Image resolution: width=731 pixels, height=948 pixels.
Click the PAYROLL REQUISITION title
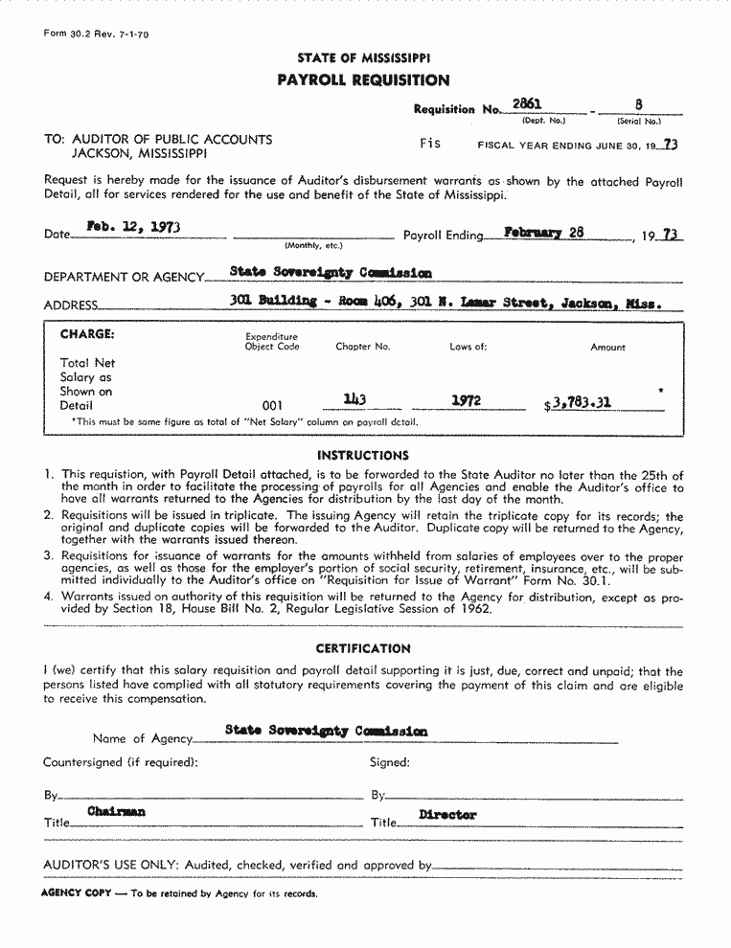pyautogui.click(x=363, y=80)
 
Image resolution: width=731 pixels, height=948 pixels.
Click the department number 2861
pyautogui.click(x=527, y=104)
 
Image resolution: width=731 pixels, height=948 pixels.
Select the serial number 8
pyautogui.click(x=638, y=104)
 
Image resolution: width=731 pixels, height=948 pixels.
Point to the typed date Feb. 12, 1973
pyautogui.click(x=133, y=228)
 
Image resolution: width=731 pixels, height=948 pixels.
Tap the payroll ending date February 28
pyautogui.click(x=544, y=232)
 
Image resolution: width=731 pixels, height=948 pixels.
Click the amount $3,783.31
pyautogui.click(x=578, y=403)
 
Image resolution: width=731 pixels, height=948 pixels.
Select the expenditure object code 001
pyautogui.click(x=272, y=406)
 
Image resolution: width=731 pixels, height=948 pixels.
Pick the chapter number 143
pyautogui.click(x=354, y=400)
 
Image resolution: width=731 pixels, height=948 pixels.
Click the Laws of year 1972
pyautogui.click(x=466, y=401)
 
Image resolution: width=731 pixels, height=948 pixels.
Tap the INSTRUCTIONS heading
pyautogui.click(x=363, y=456)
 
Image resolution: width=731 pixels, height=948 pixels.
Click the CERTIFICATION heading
pyautogui.click(x=363, y=648)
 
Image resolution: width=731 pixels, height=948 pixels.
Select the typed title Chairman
pyautogui.click(x=117, y=811)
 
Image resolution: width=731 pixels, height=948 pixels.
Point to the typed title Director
pyautogui.click(x=447, y=815)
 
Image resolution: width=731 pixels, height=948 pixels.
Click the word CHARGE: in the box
pyautogui.click(x=87, y=334)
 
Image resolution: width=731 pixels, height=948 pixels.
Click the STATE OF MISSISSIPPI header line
pyautogui.click(x=363, y=58)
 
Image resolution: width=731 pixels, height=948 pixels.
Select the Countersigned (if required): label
pyautogui.click(x=121, y=762)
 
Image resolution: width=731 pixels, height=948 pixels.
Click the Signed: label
pyautogui.click(x=390, y=762)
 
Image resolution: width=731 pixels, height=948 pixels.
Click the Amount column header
pyautogui.click(x=607, y=348)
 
